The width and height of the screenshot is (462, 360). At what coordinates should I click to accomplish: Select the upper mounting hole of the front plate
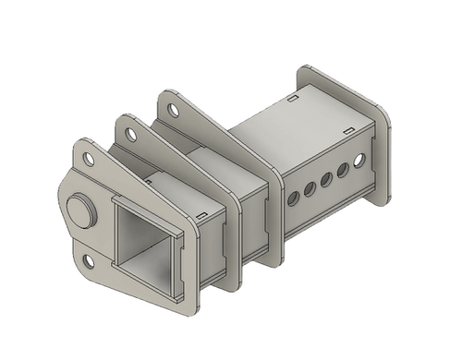(90, 159)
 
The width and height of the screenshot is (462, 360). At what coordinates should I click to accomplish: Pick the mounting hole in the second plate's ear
(132, 134)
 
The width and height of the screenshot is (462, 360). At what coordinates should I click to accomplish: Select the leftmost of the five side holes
(294, 195)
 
